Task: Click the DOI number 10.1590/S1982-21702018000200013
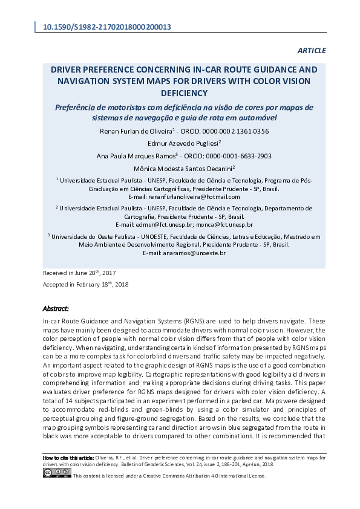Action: pos(106,27)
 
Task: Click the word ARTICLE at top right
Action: pos(312,51)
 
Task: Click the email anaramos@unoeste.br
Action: pos(194,253)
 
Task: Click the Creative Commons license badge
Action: pos(57,472)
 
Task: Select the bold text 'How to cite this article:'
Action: pos(68,458)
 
